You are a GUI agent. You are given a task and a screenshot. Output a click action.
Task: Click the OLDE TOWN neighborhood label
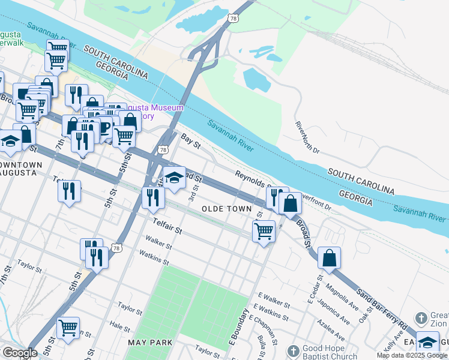tap(226, 208)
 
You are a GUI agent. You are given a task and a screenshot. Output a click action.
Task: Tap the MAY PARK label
tap(150, 342)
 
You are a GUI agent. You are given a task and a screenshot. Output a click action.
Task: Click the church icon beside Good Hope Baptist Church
tap(292, 351)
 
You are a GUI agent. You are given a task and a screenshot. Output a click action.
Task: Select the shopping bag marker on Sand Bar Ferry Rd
tap(329, 259)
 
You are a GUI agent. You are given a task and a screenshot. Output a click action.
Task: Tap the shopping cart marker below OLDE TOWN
tap(264, 231)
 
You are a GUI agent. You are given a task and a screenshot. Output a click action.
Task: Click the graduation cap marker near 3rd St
tap(174, 178)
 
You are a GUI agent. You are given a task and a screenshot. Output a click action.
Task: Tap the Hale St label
tap(120, 328)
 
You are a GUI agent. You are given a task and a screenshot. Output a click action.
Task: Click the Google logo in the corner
tap(20, 353)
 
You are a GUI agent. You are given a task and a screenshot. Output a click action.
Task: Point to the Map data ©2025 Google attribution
tap(412, 355)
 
